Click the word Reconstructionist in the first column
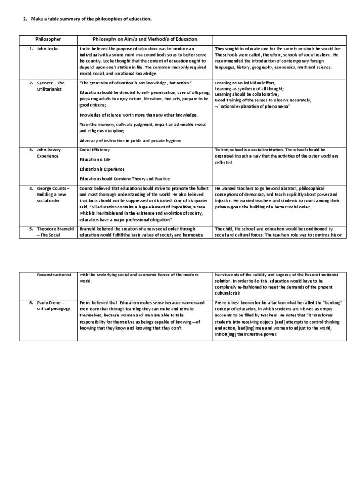coord(52,275)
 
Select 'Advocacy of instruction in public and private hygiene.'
coord(131,141)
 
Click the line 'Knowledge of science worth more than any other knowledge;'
coord(132,115)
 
